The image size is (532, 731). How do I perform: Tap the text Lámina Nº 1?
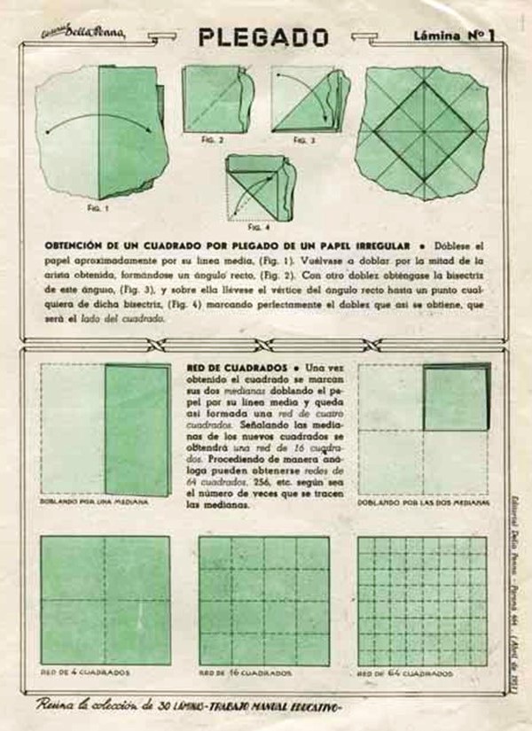click(x=453, y=36)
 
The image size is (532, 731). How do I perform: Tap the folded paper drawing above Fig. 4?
click(x=258, y=188)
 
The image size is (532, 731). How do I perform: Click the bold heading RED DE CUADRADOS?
click(x=236, y=367)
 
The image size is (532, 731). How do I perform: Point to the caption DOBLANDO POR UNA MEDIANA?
click(x=94, y=502)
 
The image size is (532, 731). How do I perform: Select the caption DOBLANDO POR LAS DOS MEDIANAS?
click(x=424, y=502)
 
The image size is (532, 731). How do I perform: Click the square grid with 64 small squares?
click(x=422, y=600)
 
